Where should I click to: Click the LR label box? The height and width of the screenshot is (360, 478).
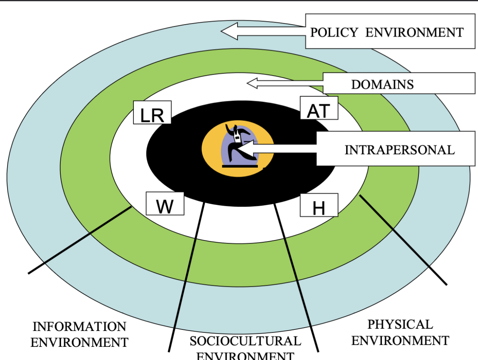coord(152,113)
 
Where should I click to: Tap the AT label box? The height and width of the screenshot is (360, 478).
coord(319,108)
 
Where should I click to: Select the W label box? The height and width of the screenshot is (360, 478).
coord(165,204)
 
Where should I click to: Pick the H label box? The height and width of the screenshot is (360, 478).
coord(319,206)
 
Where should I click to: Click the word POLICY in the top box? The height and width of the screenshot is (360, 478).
coord(334,32)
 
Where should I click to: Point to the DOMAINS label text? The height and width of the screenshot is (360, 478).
coord(382,84)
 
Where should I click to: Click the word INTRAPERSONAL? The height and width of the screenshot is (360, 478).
coord(400,150)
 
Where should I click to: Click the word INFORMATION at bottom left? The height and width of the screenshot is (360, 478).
coord(79,326)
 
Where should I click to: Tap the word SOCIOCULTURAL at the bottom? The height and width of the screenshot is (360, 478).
coord(245,341)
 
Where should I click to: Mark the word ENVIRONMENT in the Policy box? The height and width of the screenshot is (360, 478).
coord(414,32)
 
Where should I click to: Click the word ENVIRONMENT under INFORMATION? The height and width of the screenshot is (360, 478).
coord(79,342)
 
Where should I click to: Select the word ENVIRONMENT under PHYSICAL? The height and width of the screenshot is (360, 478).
coord(400,341)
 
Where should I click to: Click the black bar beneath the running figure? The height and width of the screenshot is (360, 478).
coord(240,166)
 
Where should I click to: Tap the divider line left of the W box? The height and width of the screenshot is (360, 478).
coord(79,240)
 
